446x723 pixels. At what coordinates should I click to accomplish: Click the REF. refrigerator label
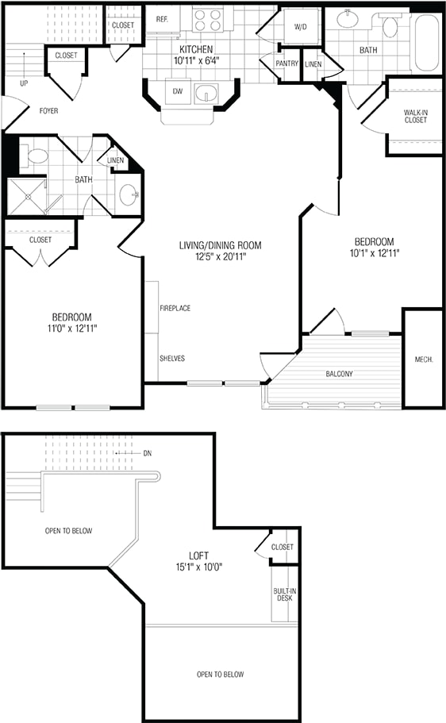161,19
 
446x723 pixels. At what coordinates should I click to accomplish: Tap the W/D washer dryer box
300,27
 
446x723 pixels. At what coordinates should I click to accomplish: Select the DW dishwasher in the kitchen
178,91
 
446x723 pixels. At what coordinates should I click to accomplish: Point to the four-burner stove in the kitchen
207,21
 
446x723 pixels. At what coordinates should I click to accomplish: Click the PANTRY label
286,63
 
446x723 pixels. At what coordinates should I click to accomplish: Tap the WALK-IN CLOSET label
416,116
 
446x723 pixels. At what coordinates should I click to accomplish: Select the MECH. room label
424,360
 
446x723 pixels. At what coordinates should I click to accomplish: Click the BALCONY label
339,374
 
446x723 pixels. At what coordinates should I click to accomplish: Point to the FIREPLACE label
175,308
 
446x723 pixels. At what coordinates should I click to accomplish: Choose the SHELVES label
172,358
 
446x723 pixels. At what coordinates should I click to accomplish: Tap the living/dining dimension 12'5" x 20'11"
220,257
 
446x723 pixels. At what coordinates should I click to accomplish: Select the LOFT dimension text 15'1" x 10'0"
198,567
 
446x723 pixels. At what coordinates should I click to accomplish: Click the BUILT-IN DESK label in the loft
285,594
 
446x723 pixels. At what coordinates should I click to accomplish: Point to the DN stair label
147,453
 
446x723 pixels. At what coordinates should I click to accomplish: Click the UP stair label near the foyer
24,83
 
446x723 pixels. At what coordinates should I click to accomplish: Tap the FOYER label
49,110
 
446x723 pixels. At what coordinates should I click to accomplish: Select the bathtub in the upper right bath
428,43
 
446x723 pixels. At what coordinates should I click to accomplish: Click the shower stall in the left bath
27,197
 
